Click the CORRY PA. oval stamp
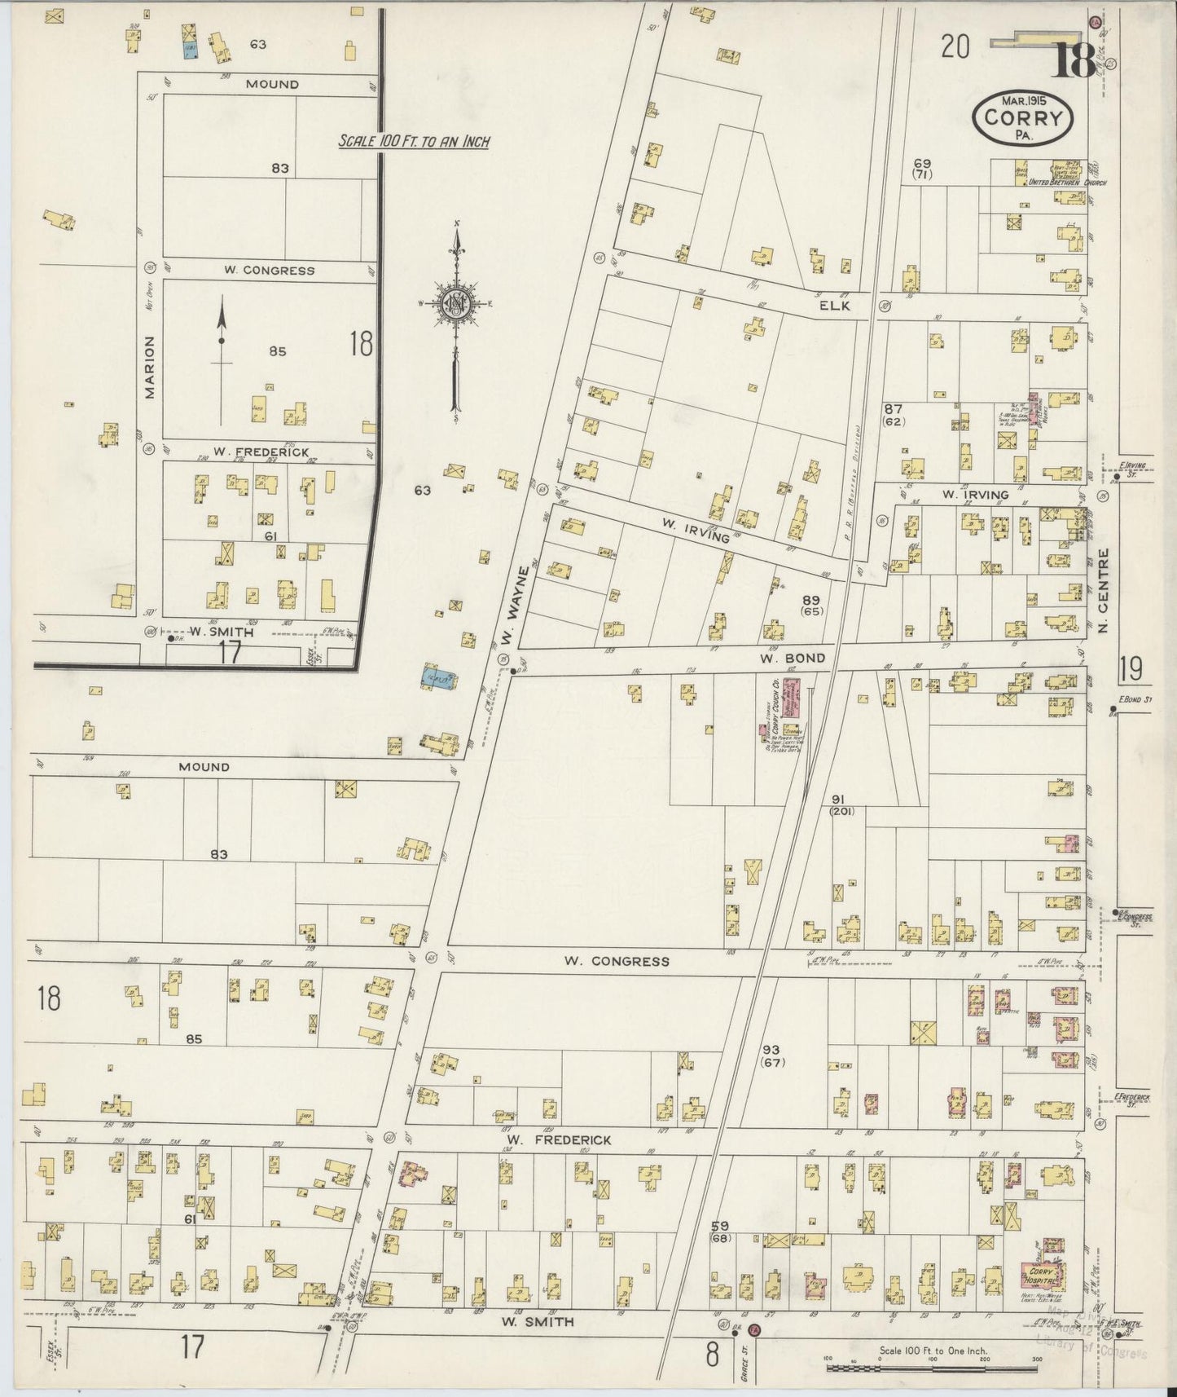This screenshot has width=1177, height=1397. [x=1022, y=118]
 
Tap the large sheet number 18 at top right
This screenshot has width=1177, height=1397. [x=1072, y=58]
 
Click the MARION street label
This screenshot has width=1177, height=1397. [x=149, y=368]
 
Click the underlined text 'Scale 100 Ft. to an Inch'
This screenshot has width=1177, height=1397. [x=414, y=142]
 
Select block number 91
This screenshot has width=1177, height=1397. [x=841, y=800]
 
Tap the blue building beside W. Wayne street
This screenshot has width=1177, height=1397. [x=439, y=676]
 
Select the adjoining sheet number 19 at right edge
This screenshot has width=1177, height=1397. [x=1131, y=668]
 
